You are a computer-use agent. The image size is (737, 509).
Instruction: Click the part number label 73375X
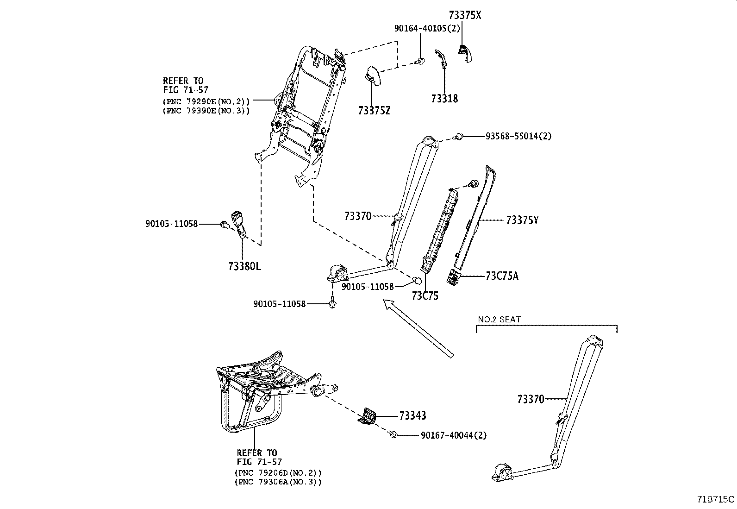[x=465, y=15]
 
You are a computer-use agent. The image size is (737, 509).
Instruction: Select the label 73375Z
[x=374, y=111]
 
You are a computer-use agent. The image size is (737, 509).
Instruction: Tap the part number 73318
[x=444, y=99]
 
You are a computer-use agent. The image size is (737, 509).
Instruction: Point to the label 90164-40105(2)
[x=427, y=29]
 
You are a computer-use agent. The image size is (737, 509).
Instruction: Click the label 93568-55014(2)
[x=518, y=137]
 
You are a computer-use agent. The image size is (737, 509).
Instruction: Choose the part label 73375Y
[x=522, y=220]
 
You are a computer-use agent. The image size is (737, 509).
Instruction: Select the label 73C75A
[x=502, y=276]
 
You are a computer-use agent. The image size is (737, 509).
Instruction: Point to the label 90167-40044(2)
[x=454, y=435]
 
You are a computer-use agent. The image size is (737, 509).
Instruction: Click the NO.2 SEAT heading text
[x=499, y=320]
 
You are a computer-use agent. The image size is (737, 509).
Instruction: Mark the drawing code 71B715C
[x=715, y=499]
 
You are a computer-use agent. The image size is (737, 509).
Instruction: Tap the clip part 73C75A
[x=453, y=276]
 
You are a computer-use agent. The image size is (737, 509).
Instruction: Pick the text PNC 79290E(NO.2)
[x=206, y=101]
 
